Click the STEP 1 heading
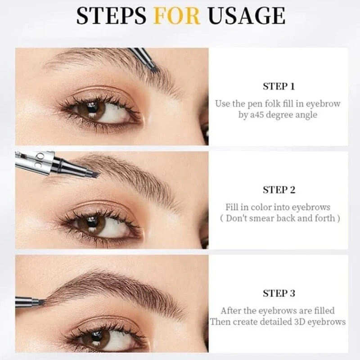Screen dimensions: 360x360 (x=279, y=86)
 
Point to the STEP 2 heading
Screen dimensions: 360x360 (x=279, y=190)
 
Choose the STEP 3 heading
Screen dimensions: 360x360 (x=279, y=293)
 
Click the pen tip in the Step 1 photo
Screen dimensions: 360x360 (x=150, y=66)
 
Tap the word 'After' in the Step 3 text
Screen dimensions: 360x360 (x=231, y=310)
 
